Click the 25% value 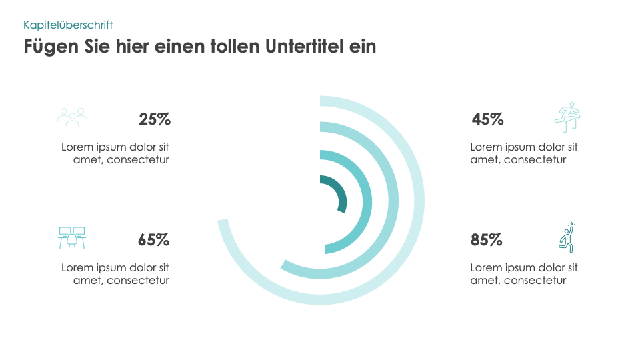click(155, 119)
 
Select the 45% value click(487, 119)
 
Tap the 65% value click(153, 240)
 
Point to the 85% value click(486, 240)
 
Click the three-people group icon click(72, 117)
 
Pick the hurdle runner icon click(568, 117)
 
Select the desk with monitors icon click(72, 238)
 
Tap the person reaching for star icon click(567, 237)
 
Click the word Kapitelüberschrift click(68, 25)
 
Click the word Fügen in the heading click(48, 47)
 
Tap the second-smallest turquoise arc click(367, 200)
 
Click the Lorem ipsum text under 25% click(115, 153)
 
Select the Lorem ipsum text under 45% click(524, 153)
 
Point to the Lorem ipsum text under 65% click(115, 274)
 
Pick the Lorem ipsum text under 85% click(524, 274)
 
